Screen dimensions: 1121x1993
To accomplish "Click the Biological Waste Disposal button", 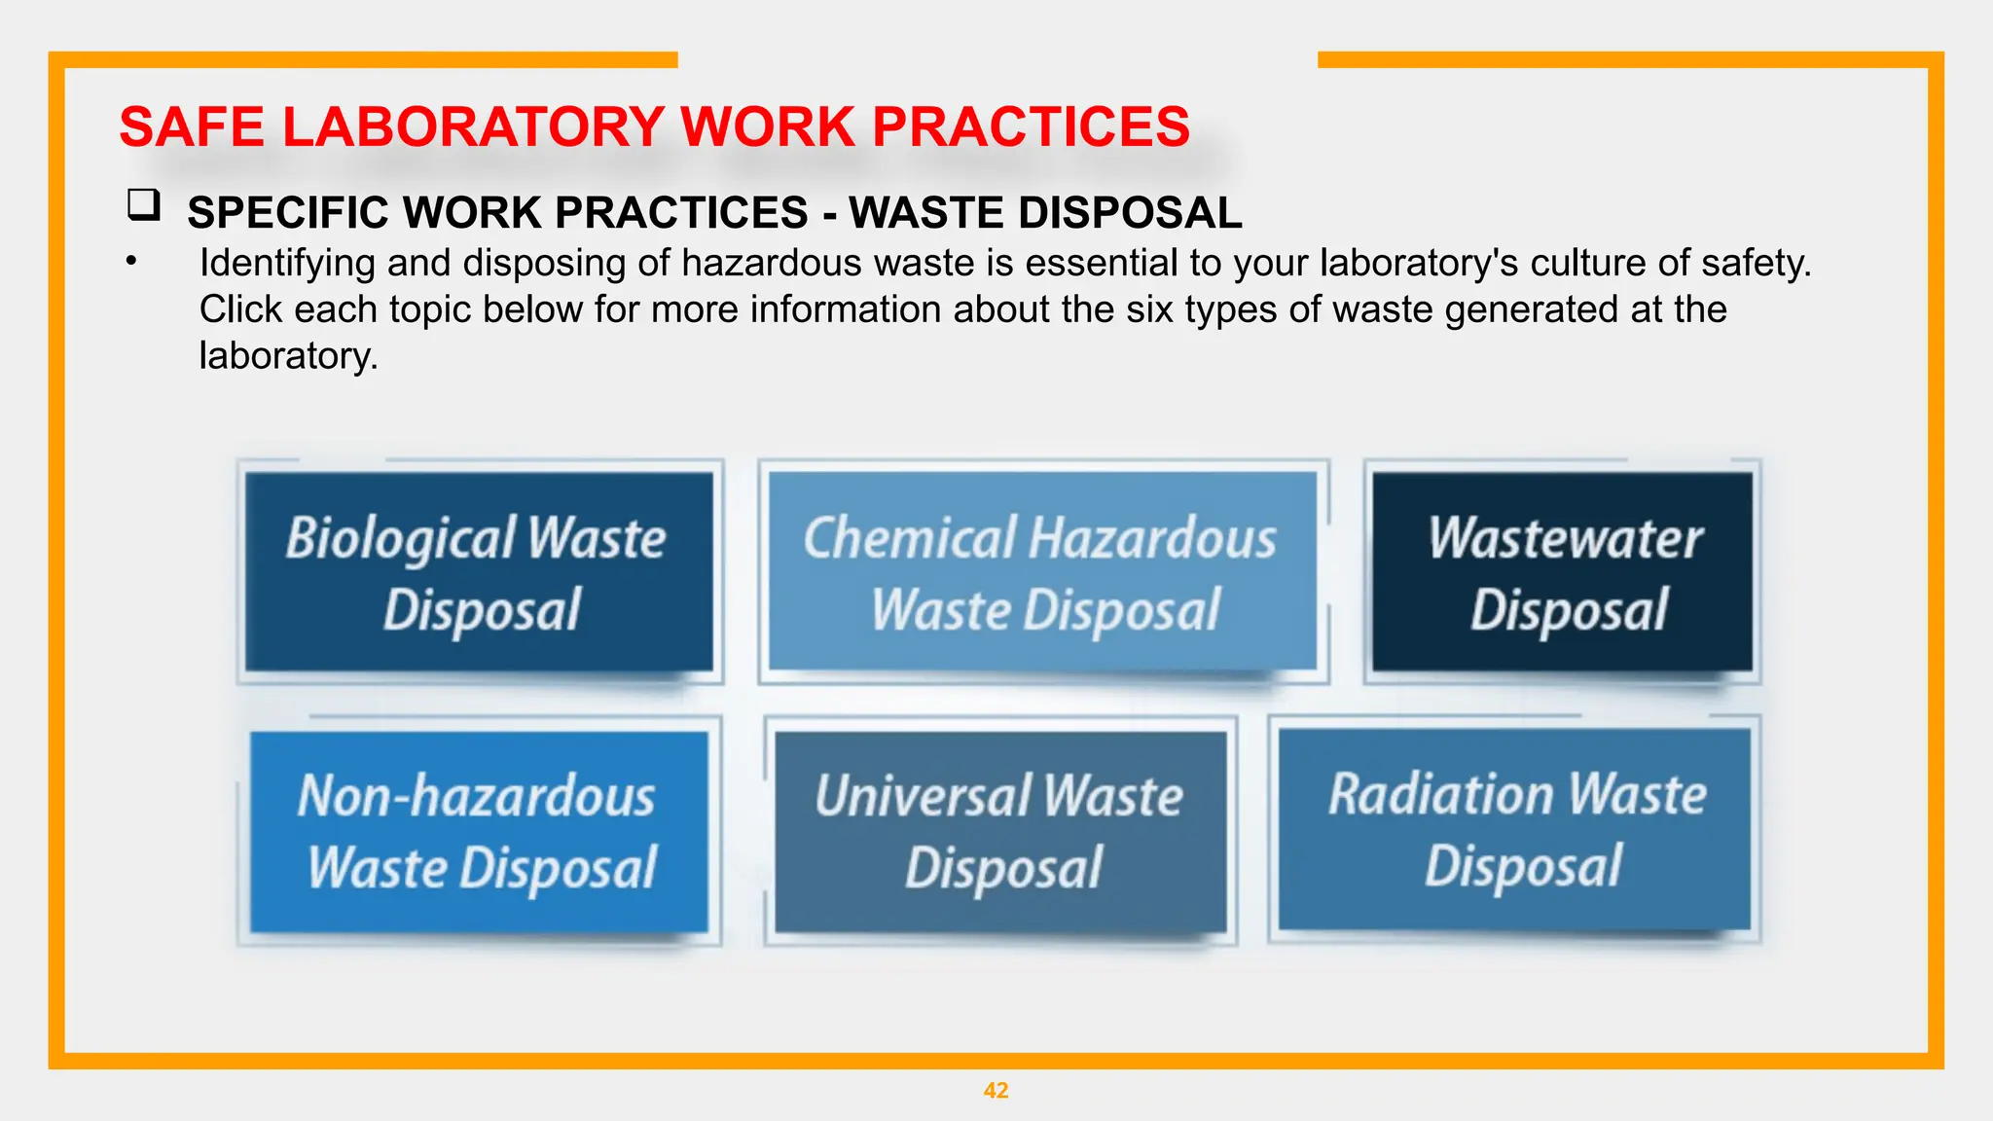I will click(x=478, y=572).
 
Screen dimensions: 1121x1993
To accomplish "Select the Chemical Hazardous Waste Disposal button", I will click(x=1042, y=572).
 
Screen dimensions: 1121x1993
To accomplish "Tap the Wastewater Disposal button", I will click(x=1562, y=572).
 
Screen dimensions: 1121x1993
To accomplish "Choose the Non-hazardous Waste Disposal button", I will click(x=478, y=832).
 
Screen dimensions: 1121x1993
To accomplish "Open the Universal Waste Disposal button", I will click(x=1000, y=832).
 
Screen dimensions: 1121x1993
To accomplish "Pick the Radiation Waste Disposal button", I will click(x=1514, y=829).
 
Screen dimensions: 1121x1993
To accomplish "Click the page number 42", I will click(x=996, y=1091).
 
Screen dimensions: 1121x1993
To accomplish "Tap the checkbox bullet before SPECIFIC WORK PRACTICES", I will click(x=143, y=205).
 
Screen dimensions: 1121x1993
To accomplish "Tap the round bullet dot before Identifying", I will click(x=130, y=260).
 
